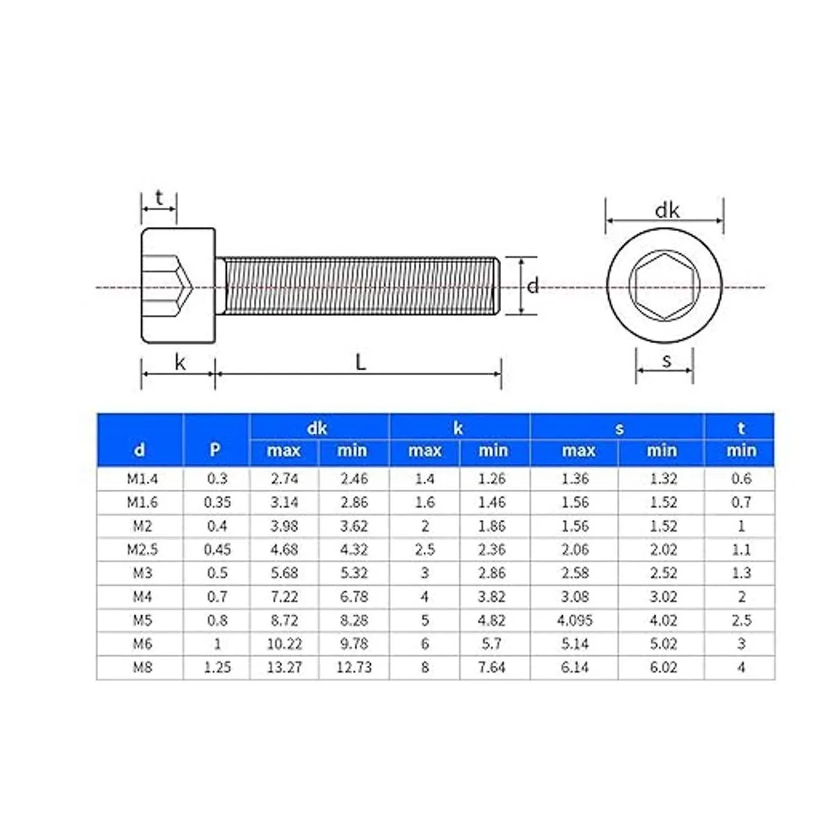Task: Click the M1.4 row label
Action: click(x=142, y=479)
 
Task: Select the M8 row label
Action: click(x=143, y=667)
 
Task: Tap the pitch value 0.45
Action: click(x=217, y=550)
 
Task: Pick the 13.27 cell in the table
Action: click(x=285, y=667)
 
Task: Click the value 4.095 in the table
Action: click(x=575, y=620)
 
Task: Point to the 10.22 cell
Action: click(x=285, y=644)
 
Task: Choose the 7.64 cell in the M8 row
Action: click(x=492, y=667)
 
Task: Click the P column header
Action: click(x=214, y=450)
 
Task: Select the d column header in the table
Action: click(x=139, y=450)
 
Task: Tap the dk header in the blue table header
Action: click(x=317, y=428)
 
